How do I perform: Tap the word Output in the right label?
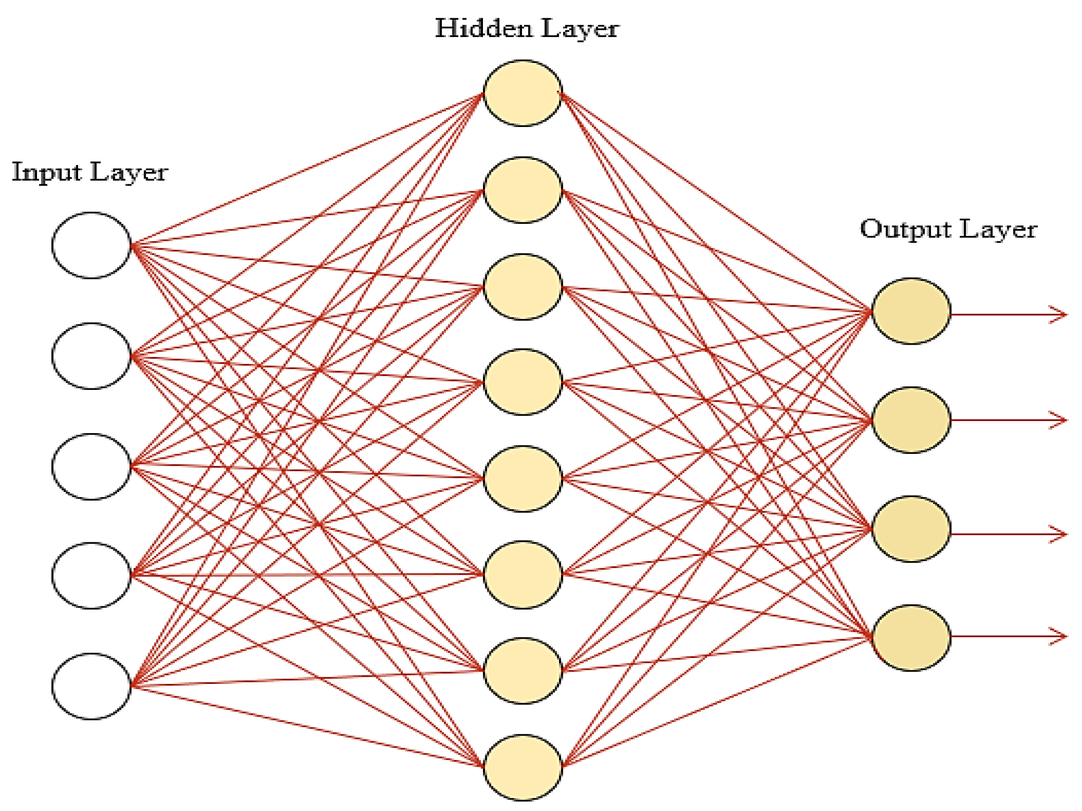coord(905,229)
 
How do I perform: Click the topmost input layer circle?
coord(91,245)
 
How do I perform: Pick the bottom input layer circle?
coord(91,686)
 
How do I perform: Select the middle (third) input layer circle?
coord(91,466)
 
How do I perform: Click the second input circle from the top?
coord(91,356)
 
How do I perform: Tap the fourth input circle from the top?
coord(91,575)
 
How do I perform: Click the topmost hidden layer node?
coord(523,93)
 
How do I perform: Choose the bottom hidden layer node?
coord(523,767)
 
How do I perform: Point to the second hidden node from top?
coord(523,190)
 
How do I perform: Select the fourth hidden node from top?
coord(523,382)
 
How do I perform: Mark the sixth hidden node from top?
coord(523,575)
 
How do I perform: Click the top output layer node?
coord(911,311)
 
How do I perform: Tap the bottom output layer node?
coord(911,638)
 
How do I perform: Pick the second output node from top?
coord(911,420)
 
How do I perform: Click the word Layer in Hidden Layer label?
coord(580,29)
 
